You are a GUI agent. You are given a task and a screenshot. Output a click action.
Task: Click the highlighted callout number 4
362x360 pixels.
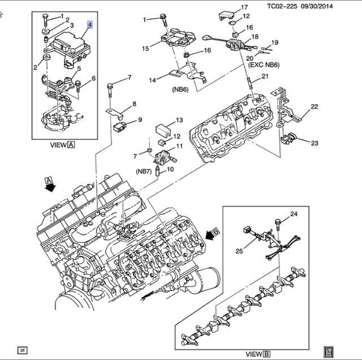click(x=89, y=25)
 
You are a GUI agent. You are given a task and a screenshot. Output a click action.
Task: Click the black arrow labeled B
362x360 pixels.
click(x=213, y=232)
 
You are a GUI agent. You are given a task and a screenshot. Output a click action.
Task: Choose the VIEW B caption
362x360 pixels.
click(x=258, y=354)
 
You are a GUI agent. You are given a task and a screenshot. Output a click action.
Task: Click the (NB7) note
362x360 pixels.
click(x=144, y=171)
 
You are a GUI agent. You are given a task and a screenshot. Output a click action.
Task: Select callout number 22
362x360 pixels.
click(x=314, y=106)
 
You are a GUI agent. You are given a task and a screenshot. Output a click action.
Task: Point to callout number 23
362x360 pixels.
click(x=314, y=143)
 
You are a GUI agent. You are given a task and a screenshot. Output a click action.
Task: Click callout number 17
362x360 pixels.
click(x=244, y=7)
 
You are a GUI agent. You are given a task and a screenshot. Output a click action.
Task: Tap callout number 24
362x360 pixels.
click(x=294, y=214)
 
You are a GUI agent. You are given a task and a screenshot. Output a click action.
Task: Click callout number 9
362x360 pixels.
click(x=140, y=120)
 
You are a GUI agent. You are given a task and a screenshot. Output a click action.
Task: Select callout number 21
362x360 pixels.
click(x=266, y=78)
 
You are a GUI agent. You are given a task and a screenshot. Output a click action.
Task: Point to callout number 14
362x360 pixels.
click(x=152, y=80)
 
